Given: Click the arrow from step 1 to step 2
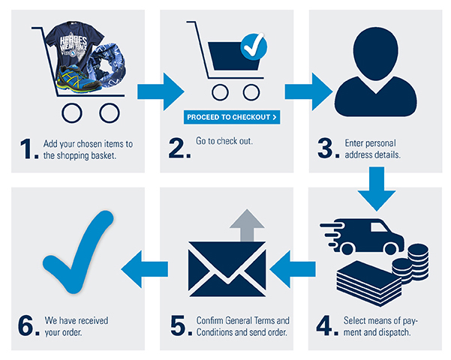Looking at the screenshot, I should tap(160, 92).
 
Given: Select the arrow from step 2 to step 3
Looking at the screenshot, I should tap(308, 92).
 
